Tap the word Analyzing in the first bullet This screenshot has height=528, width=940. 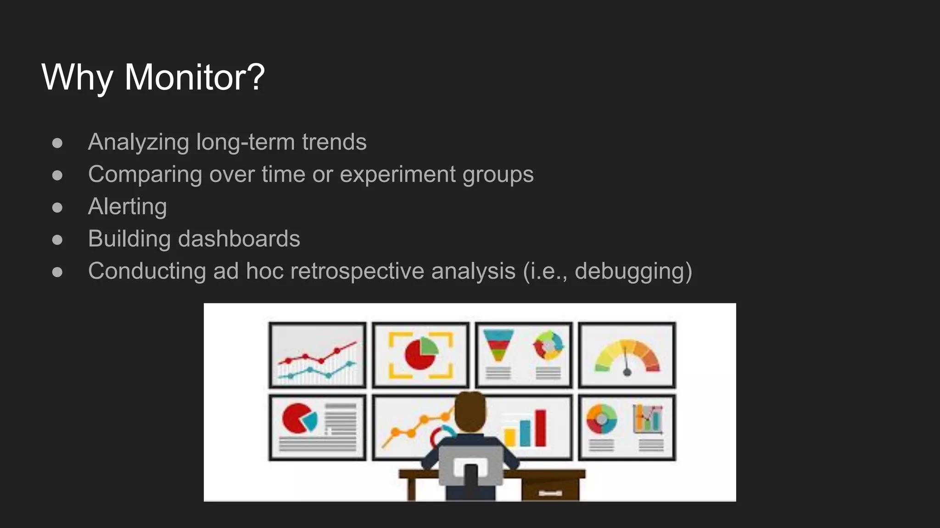tap(138, 142)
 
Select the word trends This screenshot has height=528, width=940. tap(334, 142)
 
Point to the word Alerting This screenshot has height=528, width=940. tap(127, 207)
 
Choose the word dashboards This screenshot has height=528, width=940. tap(239, 239)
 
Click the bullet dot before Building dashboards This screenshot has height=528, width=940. tap(57, 240)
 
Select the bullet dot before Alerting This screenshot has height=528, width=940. tap(57, 208)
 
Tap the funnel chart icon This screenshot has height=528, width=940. tap(498, 346)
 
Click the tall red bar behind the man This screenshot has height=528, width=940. tap(541, 428)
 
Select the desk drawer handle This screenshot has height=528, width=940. tap(550, 493)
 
